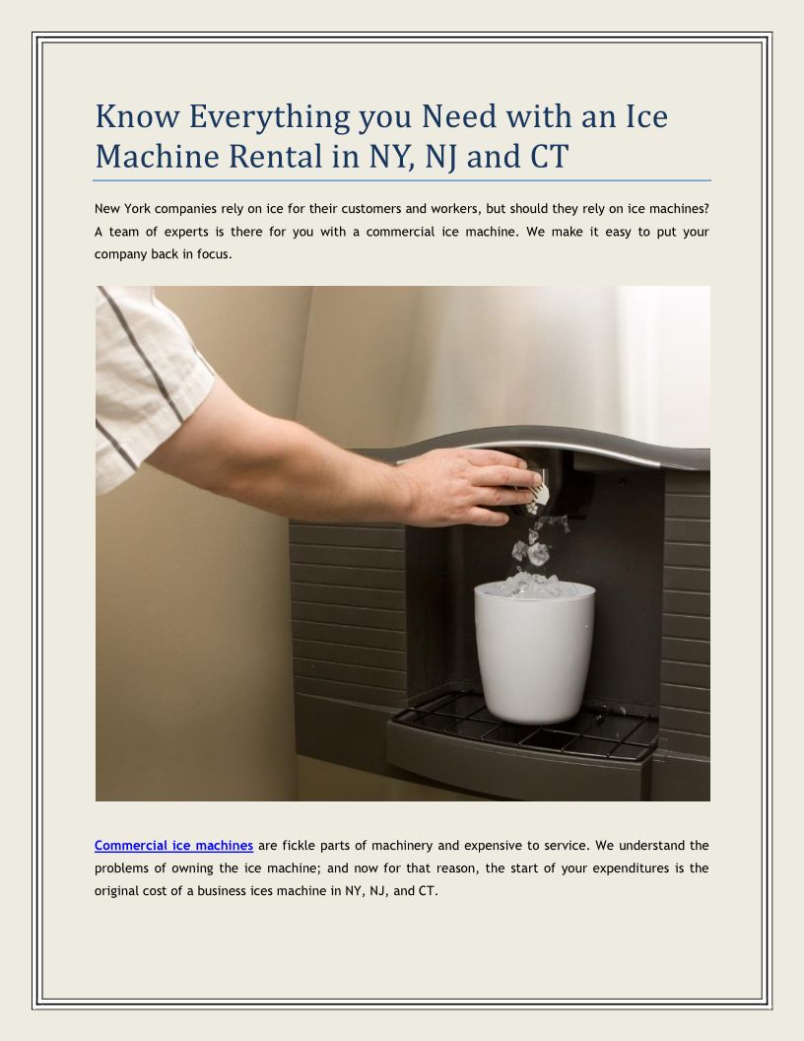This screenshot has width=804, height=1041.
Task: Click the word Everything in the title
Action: click(x=269, y=117)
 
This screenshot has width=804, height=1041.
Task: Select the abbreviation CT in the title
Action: click(x=549, y=157)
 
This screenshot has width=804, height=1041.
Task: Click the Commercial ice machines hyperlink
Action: click(x=173, y=845)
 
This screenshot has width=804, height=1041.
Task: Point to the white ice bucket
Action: click(x=534, y=653)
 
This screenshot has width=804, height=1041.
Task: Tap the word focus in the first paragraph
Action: click(x=214, y=254)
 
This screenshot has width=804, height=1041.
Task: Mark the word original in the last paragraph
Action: click(x=116, y=891)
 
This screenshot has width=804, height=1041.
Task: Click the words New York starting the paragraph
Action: click(x=122, y=208)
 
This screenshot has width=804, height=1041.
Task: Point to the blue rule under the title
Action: click(x=402, y=180)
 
